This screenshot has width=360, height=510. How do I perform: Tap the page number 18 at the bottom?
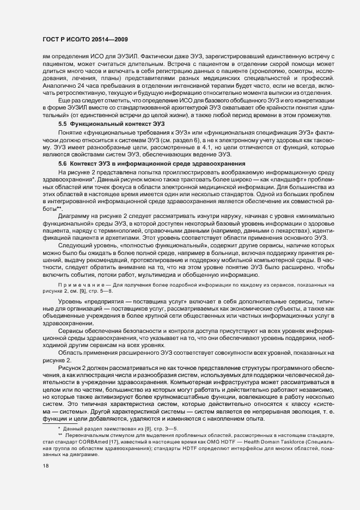pos(46,466)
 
